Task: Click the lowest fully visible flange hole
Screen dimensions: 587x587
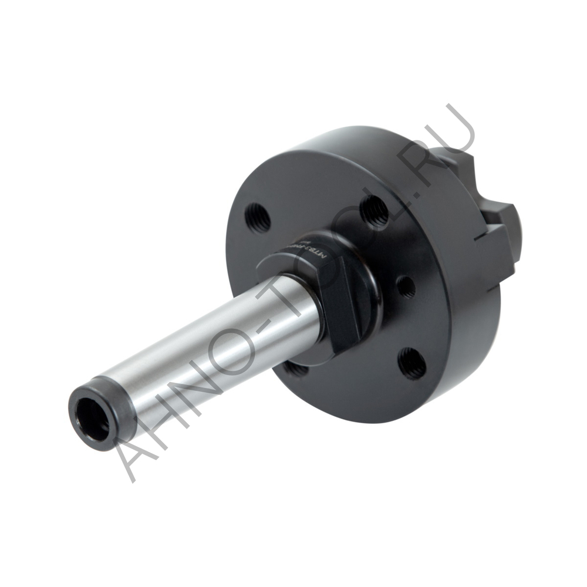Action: click(x=412, y=363)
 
